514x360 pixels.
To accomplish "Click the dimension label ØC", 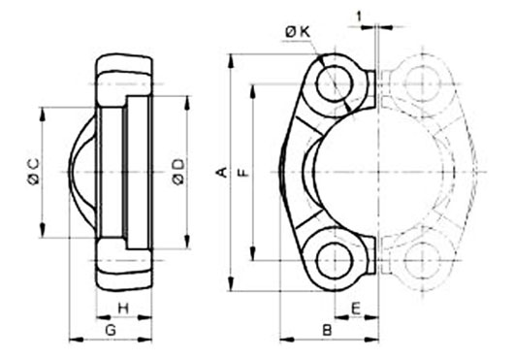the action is point(33,171).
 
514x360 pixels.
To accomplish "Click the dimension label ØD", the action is point(179,171).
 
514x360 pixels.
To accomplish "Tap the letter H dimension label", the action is point(123,309).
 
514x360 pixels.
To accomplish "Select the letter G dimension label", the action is point(111,330).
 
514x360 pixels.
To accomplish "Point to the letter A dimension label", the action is point(223,172).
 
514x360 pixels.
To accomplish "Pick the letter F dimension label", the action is point(243,172).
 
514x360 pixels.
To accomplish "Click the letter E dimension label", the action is point(356,309).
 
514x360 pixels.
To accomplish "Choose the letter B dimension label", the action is point(327,330).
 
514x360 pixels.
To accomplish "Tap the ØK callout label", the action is point(298,31).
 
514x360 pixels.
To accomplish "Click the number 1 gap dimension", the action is point(360,16).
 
